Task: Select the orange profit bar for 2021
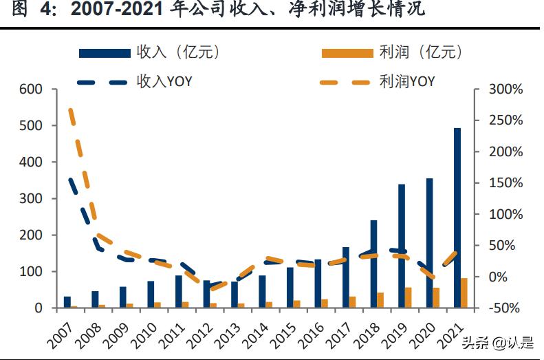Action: tap(464, 293)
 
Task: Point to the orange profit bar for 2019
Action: tap(409, 297)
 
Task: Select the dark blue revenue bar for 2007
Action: tap(67, 302)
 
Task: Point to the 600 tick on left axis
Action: tap(32, 89)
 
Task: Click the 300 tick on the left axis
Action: tap(32, 199)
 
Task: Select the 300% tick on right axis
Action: tap(505, 89)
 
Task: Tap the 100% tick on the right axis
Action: tap(505, 215)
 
